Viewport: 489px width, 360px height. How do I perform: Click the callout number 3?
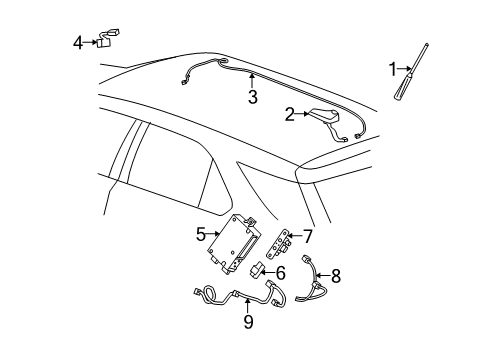(x=253, y=97)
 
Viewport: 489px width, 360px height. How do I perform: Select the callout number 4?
(x=78, y=42)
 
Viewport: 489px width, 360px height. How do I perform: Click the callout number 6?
(x=280, y=272)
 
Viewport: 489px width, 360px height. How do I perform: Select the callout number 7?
(x=307, y=236)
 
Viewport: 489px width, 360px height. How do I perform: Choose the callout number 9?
(x=246, y=323)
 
